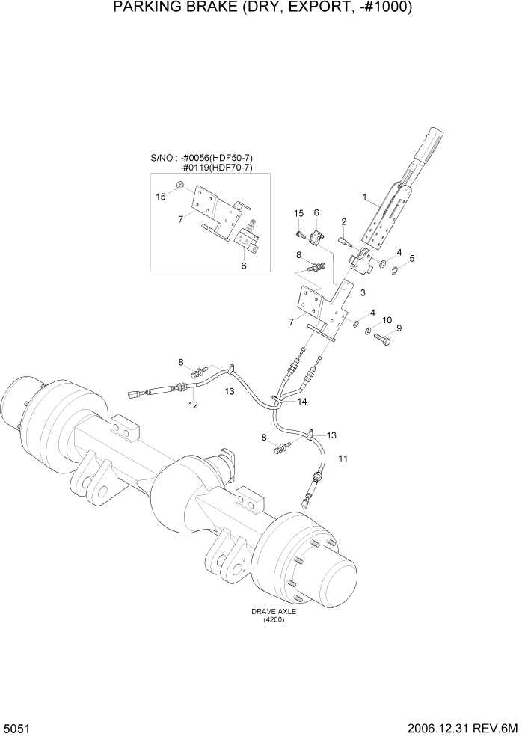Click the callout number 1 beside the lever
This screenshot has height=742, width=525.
364,198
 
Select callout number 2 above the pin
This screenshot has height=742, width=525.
343,221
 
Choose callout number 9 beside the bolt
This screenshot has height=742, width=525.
399,328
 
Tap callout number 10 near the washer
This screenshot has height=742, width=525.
387,320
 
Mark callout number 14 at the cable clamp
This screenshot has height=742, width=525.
302,402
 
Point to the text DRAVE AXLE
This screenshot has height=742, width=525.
274,611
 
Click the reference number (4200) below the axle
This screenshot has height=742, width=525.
274,619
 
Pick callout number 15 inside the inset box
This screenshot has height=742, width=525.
160,197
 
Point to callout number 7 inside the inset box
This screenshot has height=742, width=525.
182,219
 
